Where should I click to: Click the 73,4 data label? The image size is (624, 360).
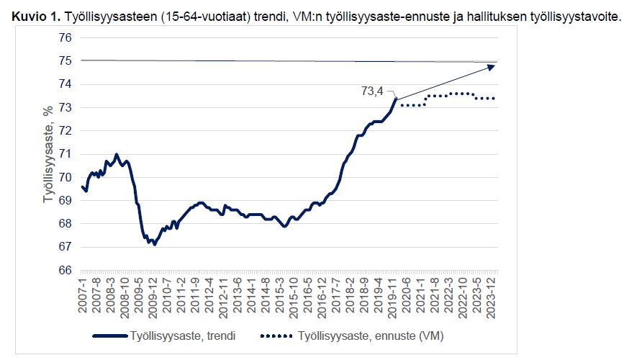(x=373, y=91)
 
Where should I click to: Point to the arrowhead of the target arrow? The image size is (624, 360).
(x=492, y=66)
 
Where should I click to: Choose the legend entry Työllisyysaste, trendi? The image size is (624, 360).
(x=173, y=336)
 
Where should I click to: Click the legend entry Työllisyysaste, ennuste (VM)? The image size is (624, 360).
(x=367, y=336)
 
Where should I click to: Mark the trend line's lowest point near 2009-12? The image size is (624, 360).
(x=154, y=244)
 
